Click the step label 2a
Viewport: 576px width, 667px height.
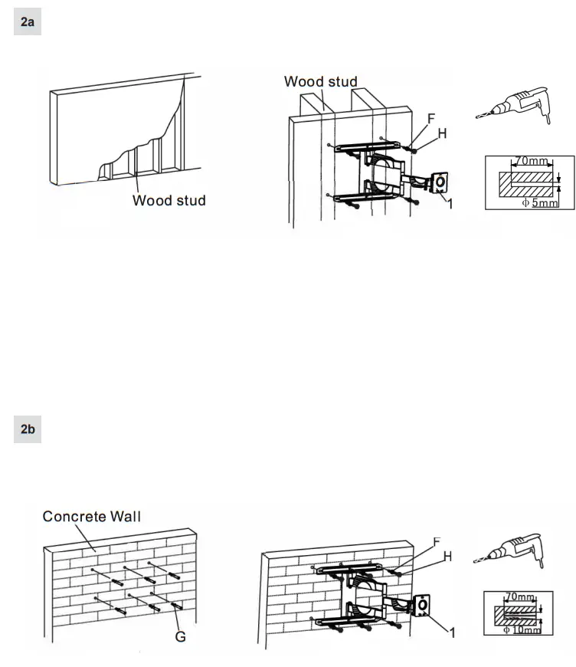coord(28,23)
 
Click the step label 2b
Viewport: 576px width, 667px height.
coord(28,429)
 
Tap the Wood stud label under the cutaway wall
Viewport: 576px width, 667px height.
coord(169,201)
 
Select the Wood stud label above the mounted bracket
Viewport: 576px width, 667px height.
coord(321,80)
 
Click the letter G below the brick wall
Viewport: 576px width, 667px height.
coord(182,636)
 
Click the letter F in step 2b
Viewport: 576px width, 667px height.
coord(437,542)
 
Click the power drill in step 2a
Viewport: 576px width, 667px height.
coord(512,103)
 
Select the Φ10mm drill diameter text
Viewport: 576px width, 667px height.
coord(524,630)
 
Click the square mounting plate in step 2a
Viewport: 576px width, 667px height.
coord(441,183)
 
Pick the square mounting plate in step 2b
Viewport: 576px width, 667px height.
coord(421,606)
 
